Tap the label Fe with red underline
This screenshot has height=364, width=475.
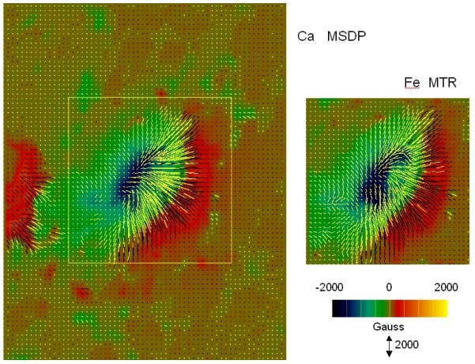(x=409, y=83)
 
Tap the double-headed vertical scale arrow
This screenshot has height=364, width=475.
(x=389, y=345)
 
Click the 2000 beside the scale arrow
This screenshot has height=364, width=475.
(x=407, y=344)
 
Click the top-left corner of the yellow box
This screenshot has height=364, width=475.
(x=69, y=98)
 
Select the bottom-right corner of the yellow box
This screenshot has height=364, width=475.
(x=232, y=262)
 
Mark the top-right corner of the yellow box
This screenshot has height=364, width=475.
(x=232, y=98)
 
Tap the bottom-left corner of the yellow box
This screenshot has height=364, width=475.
(x=69, y=262)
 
